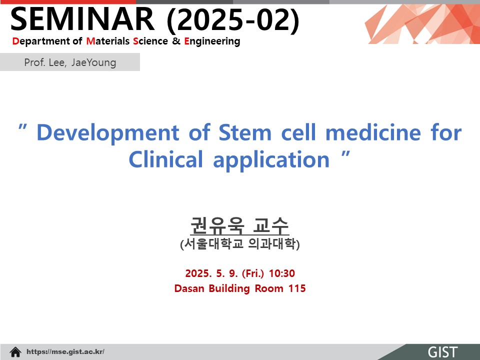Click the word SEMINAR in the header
pyautogui.click(x=82, y=19)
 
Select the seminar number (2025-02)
pyautogui.click(x=233, y=20)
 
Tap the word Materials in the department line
pyautogui.click(x=108, y=41)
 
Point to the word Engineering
pyautogui.click(x=212, y=41)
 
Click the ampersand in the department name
pyautogui.click(x=176, y=41)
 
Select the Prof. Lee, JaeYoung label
pyautogui.click(x=70, y=62)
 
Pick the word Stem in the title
pyautogui.click(x=245, y=132)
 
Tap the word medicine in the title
pyautogui.click(x=373, y=132)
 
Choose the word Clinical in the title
pyautogui.click(x=165, y=159)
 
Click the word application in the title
pyautogui.click(x=271, y=160)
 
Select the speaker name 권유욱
pyautogui.click(x=217, y=225)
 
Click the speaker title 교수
pyautogui.click(x=270, y=225)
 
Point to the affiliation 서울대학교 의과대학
pyautogui.click(x=240, y=244)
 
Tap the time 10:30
pyautogui.click(x=282, y=273)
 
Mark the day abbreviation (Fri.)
pyautogui.click(x=253, y=273)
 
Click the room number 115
pyautogui.click(x=297, y=288)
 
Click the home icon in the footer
pyautogui.click(x=15, y=352)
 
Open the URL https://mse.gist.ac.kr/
pyautogui.click(x=65, y=351)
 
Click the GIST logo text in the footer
pyautogui.click(x=442, y=352)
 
